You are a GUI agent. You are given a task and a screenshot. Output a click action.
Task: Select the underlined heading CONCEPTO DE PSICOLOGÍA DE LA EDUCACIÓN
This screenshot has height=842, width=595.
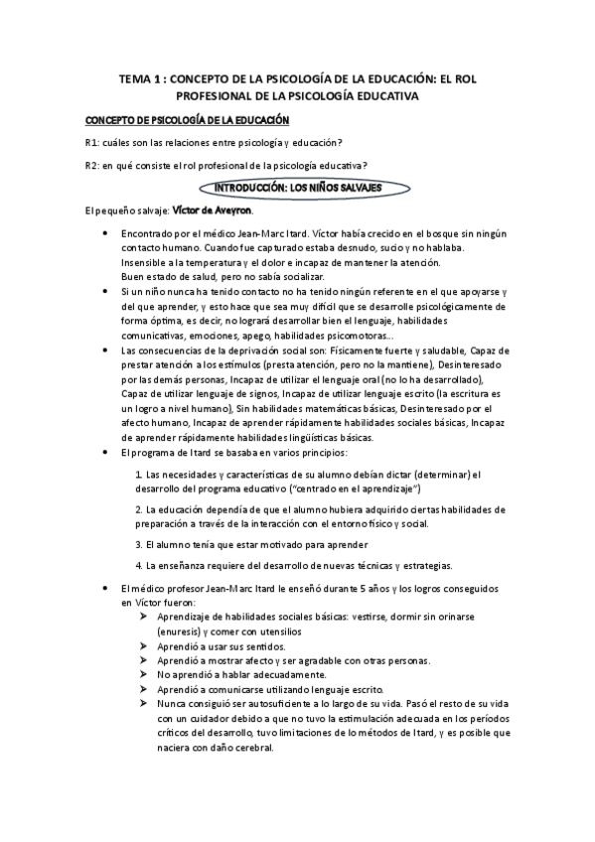click(187, 120)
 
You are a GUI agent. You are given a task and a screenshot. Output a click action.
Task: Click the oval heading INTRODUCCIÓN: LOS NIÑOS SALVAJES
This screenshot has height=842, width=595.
click(298, 187)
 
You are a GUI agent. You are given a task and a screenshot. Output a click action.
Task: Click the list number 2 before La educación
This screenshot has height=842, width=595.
click(137, 509)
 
